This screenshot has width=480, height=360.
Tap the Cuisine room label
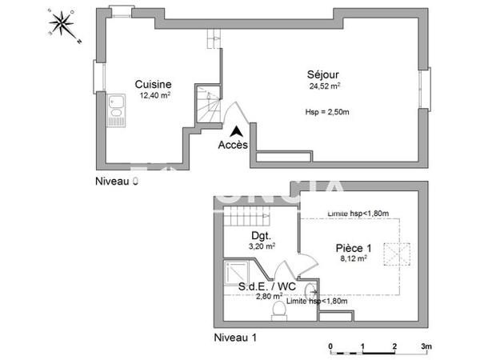(x=153, y=84)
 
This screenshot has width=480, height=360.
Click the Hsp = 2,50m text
(x=326, y=110)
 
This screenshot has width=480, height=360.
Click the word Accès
(x=233, y=146)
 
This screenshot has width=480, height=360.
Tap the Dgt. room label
(x=259, y=236)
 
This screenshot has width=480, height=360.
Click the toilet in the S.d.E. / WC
(x=277, y=309)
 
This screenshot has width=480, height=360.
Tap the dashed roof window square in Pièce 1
(x=397, y=254)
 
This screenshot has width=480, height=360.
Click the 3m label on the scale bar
(x=427, y=346)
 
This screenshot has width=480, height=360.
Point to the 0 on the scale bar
(x=330, y=346)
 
